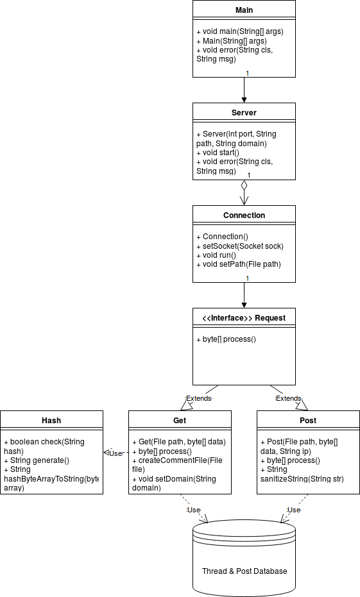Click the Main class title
tap(244, 10)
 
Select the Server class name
tap(244, 113)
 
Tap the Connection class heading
tap(244, 215)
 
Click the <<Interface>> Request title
tap(244, 318)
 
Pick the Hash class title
tap(51, 421)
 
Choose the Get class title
tap(180, 421)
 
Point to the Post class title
tap(308, 421)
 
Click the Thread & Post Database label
tap(244, 571)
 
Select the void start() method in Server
tap(218, 153)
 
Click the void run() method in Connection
tap(216, 255)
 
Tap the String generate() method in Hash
tap(37, 460)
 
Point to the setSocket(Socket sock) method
tap(240, 246)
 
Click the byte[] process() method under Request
tap(227, 339)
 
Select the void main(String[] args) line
tap(240, 31)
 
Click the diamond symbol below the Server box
tap(244, 185)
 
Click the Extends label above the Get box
tap(198, 398)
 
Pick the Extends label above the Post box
tap(288, 398)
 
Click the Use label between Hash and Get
tap(115, 453)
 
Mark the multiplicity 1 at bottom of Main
tap(248, 73)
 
